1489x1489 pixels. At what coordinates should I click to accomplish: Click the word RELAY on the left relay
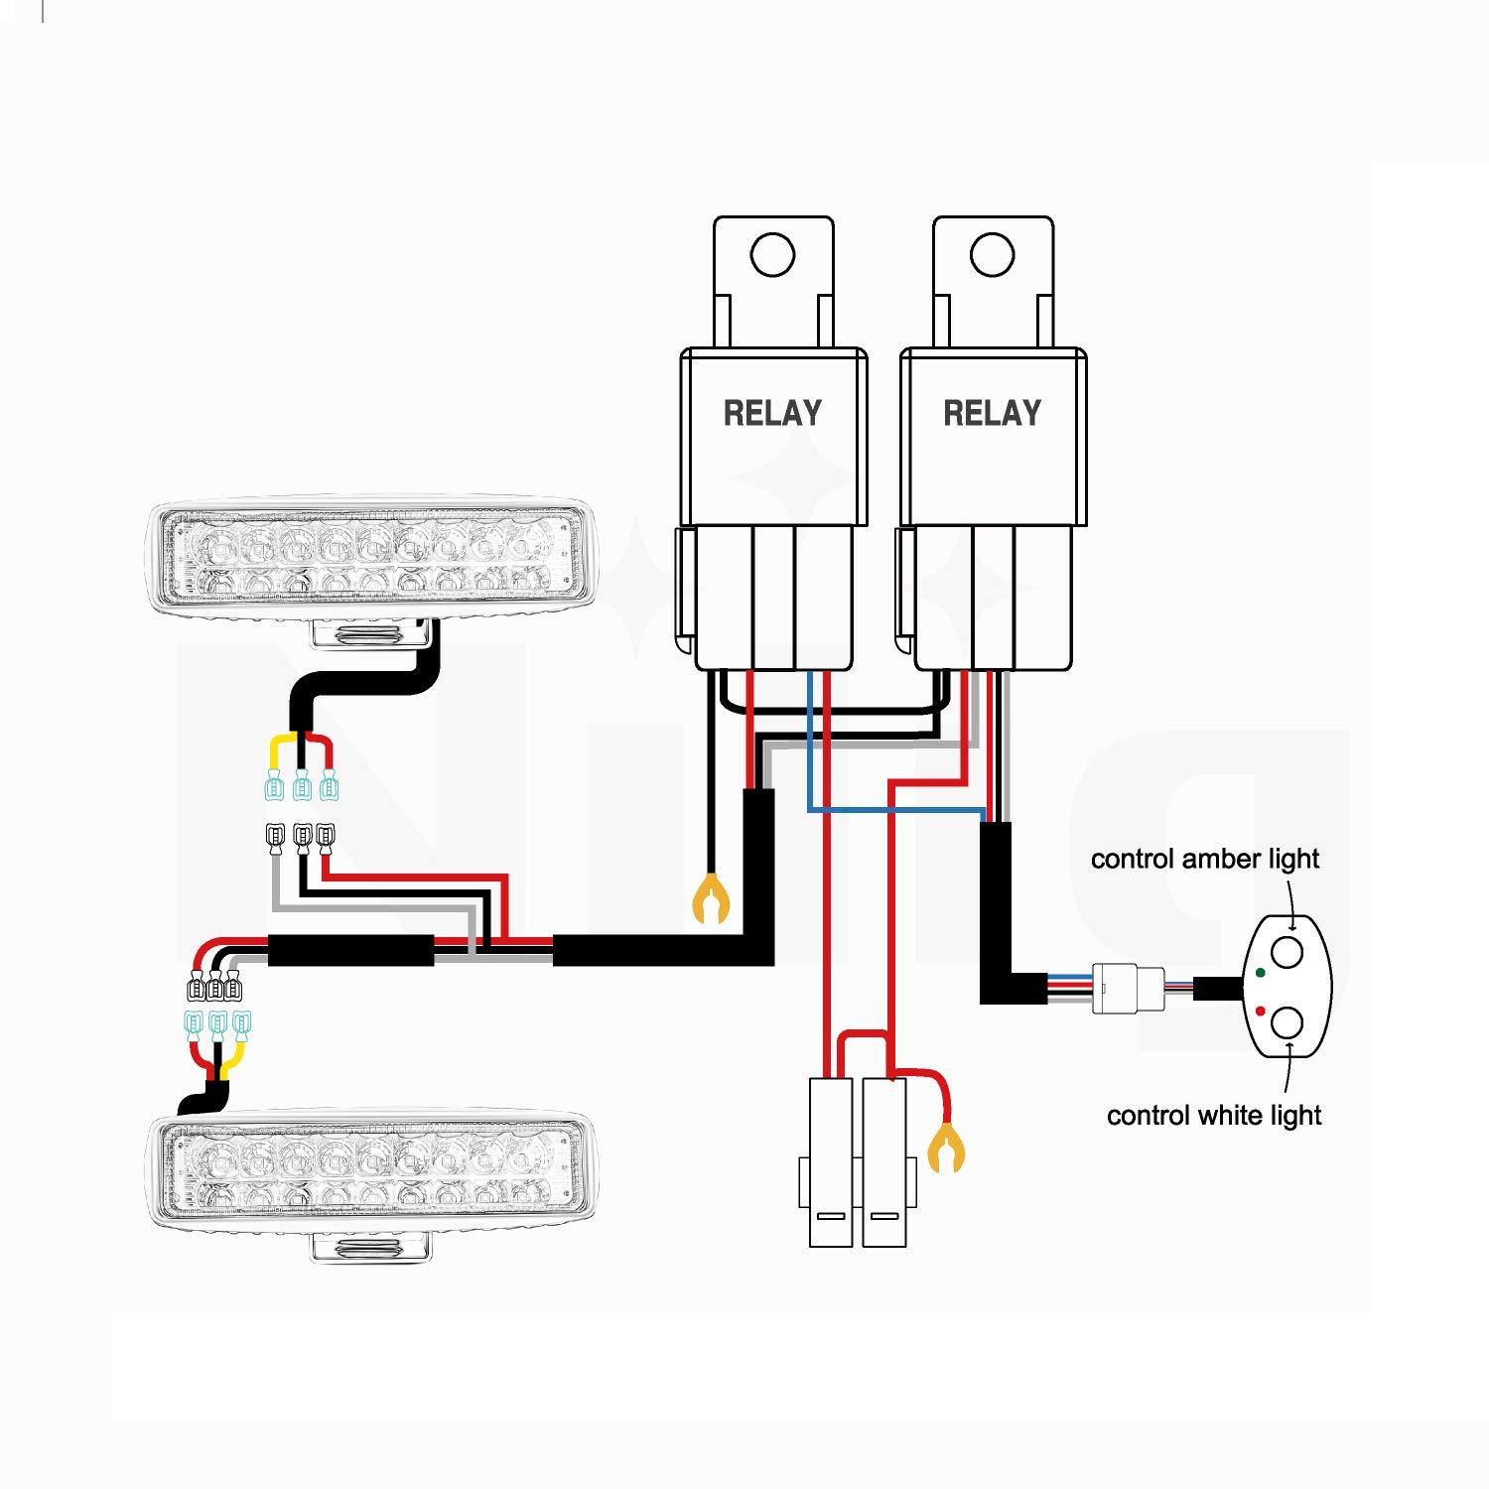pos(772,413)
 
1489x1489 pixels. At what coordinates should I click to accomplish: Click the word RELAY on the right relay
pos(992,413)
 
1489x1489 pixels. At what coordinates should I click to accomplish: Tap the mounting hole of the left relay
pos(772,255)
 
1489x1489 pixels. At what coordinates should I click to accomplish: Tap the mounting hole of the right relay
pos(992,255)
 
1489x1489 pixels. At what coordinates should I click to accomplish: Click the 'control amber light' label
pos(1204,859)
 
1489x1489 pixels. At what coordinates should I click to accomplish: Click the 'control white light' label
pos(1213,1116)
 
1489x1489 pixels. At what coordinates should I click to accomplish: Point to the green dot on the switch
pos(1260,972)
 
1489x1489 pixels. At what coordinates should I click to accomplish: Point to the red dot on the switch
pos(1260,1012)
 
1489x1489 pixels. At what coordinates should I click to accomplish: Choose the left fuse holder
pos(830,1161)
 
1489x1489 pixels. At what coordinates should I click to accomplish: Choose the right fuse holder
pos(884,1161)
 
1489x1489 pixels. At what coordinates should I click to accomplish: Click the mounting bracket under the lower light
pos(371,1248)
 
